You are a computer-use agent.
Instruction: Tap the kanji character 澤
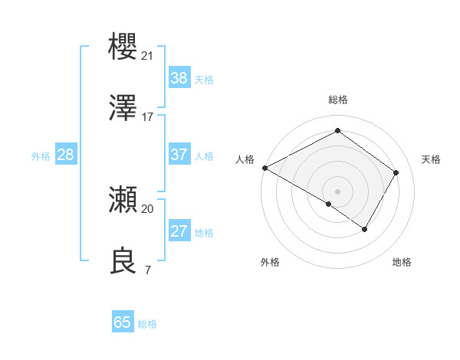tap(123, 109)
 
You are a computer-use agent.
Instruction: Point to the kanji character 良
tap(123, 261)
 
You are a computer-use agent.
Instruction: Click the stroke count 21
tap(148, 56)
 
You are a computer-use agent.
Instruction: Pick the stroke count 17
tap(148, 117)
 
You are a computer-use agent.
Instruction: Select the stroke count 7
tap(147, 270)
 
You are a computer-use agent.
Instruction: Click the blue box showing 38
tap(179, 78)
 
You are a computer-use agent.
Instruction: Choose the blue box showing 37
tap(179, 155)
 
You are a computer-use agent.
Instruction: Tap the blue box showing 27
tap(179, 231)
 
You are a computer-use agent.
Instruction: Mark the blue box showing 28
tap(66, 155)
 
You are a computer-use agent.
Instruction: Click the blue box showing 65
tap(123, 322)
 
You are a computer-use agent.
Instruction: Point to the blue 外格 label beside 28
tap(41, 156)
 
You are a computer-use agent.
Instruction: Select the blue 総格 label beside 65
tap(147, 324)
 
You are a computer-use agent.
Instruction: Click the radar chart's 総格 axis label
tap(337, 100)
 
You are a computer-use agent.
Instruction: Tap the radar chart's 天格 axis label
tap(431, 159)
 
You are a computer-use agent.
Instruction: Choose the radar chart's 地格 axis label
tap(402, 262)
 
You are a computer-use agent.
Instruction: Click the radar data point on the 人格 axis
tap(264, 168)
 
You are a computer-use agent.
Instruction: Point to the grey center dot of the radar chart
tap(337, 191)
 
